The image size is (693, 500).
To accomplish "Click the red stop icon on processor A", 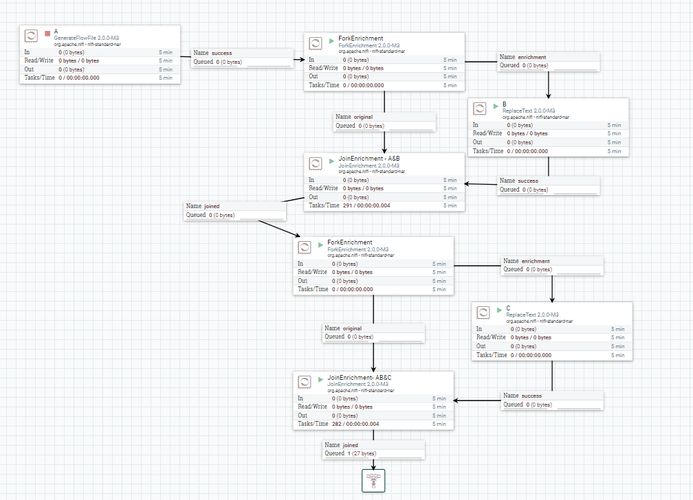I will pos(47,33).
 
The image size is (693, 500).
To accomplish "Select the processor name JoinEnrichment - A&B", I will pos(368,159).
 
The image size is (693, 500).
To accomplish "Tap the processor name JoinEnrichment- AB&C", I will pos(359,378).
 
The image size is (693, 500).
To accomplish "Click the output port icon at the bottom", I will pos(374,480).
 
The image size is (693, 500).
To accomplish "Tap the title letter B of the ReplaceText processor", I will pos(504,104).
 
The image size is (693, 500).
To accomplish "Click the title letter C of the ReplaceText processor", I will pos(508,308).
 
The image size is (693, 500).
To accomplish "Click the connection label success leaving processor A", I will pos(221,53).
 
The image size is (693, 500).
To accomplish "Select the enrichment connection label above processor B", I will pos(531,57).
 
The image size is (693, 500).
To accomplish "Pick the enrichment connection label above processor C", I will pos(536,261).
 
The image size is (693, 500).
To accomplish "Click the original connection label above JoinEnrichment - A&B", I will pos(363,117).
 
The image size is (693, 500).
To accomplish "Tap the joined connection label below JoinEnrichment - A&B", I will pos(212,206).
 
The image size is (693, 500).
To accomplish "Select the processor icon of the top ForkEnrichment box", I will pos(316,43).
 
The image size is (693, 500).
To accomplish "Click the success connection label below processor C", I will pos(531,396).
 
